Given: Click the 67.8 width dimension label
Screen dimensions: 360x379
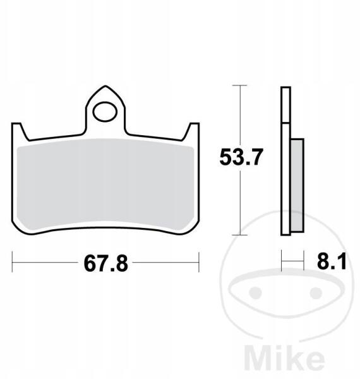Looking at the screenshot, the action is click(x=106, y=263).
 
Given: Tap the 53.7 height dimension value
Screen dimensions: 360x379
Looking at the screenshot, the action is click(x=241, y=157).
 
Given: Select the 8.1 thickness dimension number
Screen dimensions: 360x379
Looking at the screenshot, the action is click(x=332, y=262).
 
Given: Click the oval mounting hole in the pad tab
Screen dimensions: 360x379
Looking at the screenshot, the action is click(x=105, y=112).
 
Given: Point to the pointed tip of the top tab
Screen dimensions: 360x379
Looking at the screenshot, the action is click(x=105, y=86).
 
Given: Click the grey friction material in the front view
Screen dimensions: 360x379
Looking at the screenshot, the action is click(x=105, y=184).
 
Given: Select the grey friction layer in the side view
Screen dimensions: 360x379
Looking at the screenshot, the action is click(x=297, y=185).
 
